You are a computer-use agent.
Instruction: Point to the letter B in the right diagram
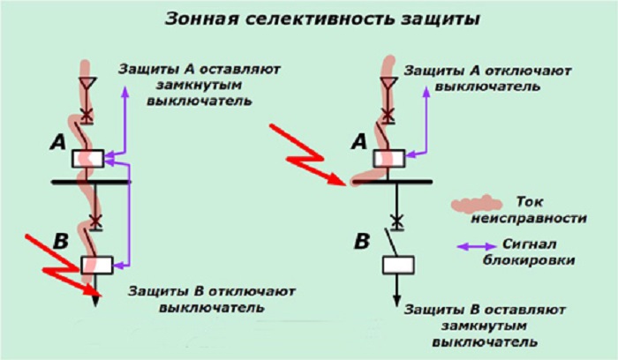coord(361,239)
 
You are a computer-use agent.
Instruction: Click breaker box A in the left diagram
coord(91,159)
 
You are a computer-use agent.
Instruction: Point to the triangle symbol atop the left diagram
coord(87,85)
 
